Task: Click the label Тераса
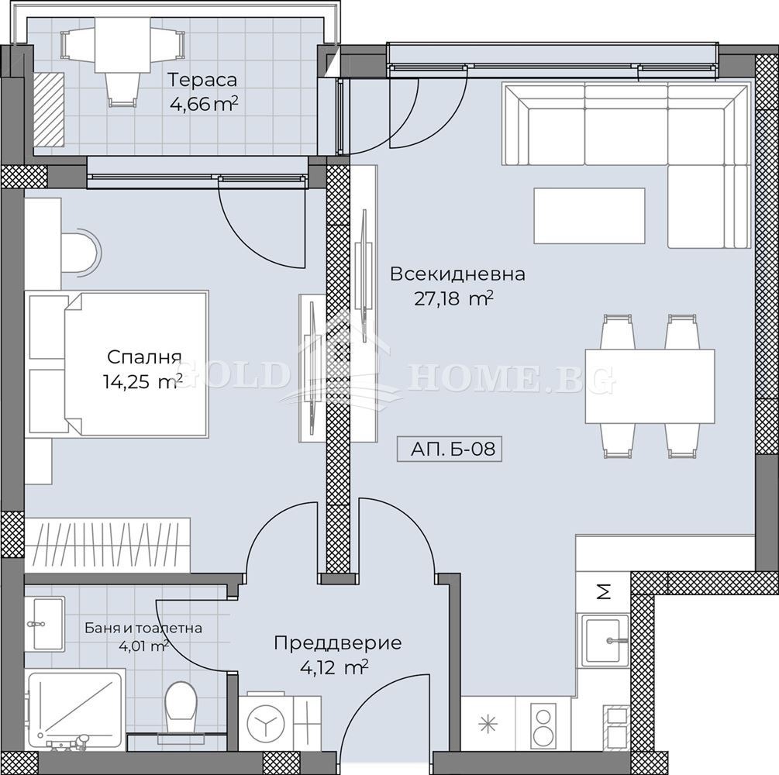pyautogui.click(x=202, y=80)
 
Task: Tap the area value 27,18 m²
pyautogui.click(x=453, y=299)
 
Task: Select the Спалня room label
pyautogui.click(x=144, y=356)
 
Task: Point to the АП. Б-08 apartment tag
pyautogui.click(x=453, y=449)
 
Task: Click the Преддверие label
pyautogui.click(x=338, y=642)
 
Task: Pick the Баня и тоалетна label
pyautogui.click(x=143, y=628)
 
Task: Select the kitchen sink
pyautogui.click(x=602, y=639)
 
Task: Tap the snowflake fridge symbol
pyautogui.click(x=488, y=724)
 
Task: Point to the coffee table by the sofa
pyautogui.click(x=589, y=216)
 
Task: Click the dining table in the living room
pyautogui.click(x=650, y=386)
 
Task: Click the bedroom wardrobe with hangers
pyautogui.click(x=107, y=545)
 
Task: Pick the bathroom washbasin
pyautogui.click(x=48, y=623)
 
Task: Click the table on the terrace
pyautogui.click(x=122, y=45)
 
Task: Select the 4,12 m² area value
pyautogui.click(x=334, y=668)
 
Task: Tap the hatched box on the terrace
pyautogui.click(x=49, y=110)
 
